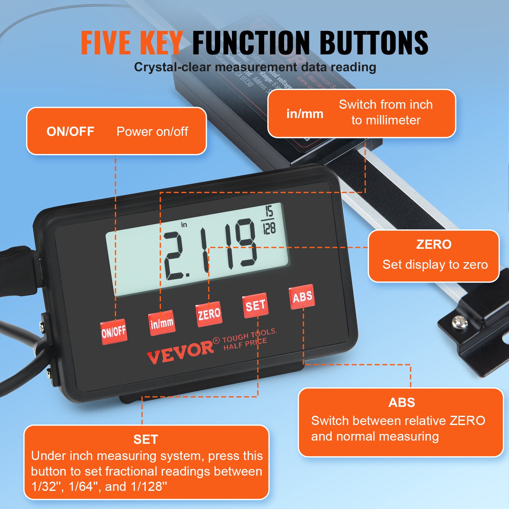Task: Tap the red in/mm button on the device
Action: pyautogui.click(x=162, y=323)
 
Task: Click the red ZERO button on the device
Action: pyautogui.click(x=209, y=314)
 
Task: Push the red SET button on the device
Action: pyautogui.click(x=255, y=305)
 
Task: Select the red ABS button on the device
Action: pyautogui.click(x=302, y=297)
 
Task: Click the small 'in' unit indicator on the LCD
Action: pyautogui.click(x=184, y=225)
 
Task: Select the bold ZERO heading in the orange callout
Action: pyautogui.click(x=434, y=244)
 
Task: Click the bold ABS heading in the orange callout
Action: pyautogui.click(x=401, y=402)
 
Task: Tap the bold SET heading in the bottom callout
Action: pyautogui.click(x=146, y=439)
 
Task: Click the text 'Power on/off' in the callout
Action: pyautogui.click(x=152, y=131)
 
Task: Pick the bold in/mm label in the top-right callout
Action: pyautogui.click(x=305, y=114)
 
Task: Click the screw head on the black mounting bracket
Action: pyautogui.click(x=459, y=322)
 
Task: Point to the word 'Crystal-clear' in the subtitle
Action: pyautogui.click(x=172, y=67)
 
